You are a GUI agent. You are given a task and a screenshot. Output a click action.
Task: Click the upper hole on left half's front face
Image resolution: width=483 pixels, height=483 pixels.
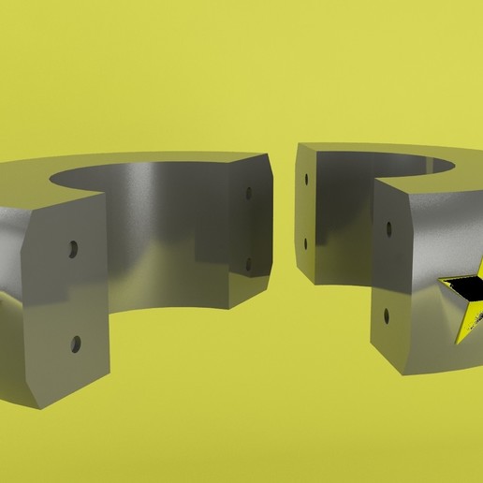72,251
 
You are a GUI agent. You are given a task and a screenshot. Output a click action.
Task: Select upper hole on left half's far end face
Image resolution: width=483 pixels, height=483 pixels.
248,194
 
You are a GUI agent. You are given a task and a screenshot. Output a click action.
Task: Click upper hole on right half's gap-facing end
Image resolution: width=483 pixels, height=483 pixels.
305,178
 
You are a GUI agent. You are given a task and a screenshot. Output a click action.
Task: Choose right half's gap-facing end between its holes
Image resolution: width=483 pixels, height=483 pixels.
305,211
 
